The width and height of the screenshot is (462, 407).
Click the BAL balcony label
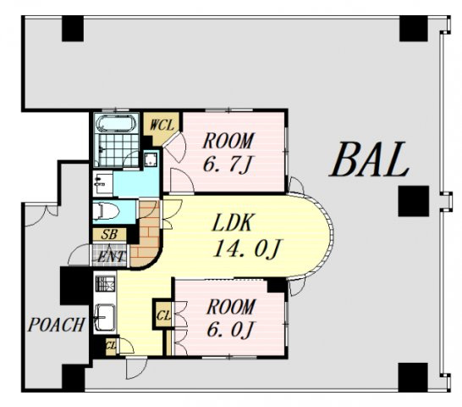pyautogui.click(x=369, y=159)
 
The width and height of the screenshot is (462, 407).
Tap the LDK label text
pyautogui.click(x=232, y=223)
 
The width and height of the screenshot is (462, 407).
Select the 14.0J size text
pyautogui.click(x=247, y=249)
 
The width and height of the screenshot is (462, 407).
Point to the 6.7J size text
pyautogui.click(x=227, y=164)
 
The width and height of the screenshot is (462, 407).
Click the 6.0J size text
pyautogui.click(x=230, y=330)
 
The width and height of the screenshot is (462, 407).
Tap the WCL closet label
pyautogui.click(x=162, y=125)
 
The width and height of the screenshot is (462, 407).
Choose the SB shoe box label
pyautogui.click(x=109, y=235)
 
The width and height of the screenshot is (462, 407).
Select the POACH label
pyautogui.click(x=56, y=325)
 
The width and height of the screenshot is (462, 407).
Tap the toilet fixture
pyautogui.click(x=106, y=211)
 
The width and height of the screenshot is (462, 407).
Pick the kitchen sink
pyautogui.click(x=104, y=317)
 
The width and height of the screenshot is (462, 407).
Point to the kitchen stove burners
pyautogui.click(x=105, y=284)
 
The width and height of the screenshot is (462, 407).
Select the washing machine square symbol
pyautogui.click(x=151, y=159)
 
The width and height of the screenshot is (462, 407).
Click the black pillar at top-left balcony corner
pyautogui.click(x=73, y=29)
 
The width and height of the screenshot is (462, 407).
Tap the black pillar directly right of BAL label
pyautogui.click(x=413, y=201)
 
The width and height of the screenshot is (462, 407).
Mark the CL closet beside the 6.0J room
pyautogui.click(x=162, y=315)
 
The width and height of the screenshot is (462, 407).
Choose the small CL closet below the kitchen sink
pyautogui.click(x=111, y=346)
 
